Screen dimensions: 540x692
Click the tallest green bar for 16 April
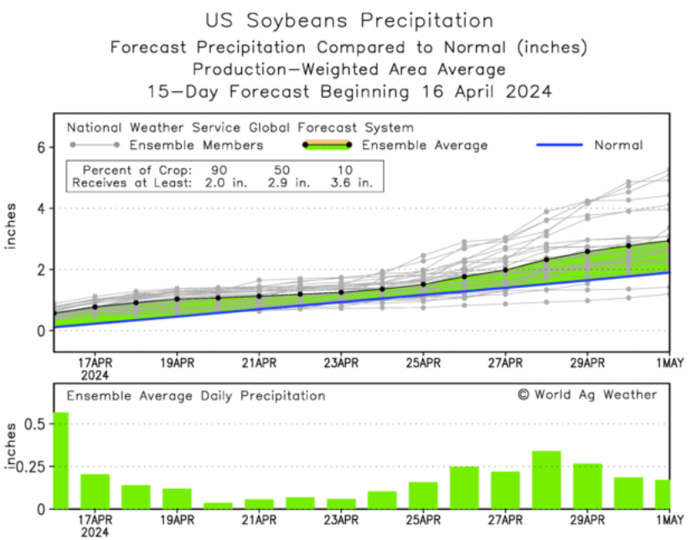[x=60, y=460]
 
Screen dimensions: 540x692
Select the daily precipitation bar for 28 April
[x=546, y=480]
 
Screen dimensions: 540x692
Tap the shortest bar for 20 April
[x=218, y=505]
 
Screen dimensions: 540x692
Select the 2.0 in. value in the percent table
[x=218, y=181]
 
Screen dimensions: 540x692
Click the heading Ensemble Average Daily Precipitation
[x=195, y=395]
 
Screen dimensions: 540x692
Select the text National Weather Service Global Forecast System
[x=240, y=128]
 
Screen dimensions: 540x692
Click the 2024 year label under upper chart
[x=96, y=375]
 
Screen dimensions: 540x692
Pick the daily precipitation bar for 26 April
[x=464, y=487]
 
